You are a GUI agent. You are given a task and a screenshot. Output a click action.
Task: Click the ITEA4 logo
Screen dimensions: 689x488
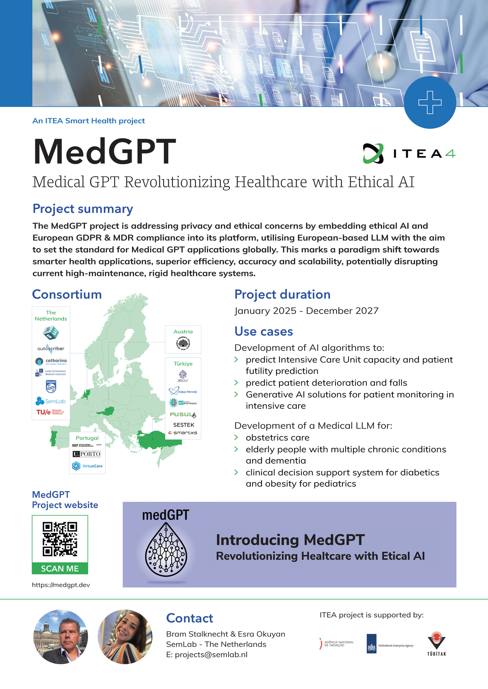click(409, 154)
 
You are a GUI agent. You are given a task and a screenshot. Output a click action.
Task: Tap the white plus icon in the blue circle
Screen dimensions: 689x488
click(430, 102)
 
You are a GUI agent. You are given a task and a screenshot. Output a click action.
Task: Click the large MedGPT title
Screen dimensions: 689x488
click(105, 152)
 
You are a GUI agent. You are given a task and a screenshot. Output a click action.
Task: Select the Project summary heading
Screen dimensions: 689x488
click(83, 209)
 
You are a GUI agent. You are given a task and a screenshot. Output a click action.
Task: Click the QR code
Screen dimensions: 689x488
click(60, 539)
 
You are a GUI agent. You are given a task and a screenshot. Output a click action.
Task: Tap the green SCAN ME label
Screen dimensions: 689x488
click(60, 568)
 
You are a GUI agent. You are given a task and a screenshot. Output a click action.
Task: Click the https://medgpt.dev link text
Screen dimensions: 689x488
click(61, 585)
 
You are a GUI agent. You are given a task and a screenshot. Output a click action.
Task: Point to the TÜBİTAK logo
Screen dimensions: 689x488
click(436, 644)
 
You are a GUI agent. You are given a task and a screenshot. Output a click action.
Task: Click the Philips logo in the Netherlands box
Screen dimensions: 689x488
click(51, 386)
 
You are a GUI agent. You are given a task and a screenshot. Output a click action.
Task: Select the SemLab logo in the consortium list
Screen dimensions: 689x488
click(50, 401)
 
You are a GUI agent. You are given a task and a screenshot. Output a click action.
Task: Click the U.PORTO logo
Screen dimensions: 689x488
click(87, 454)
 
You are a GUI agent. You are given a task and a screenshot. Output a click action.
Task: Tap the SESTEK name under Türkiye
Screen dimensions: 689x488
click(183, 425)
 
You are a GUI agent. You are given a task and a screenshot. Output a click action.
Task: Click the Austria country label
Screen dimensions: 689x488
click(183, 332)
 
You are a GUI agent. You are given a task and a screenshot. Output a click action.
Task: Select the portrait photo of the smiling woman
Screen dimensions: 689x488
click(125, 637)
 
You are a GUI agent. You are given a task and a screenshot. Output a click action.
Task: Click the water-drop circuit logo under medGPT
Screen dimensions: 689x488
click(166, 549)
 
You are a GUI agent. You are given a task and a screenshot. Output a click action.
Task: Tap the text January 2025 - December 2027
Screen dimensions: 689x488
click(306, 311)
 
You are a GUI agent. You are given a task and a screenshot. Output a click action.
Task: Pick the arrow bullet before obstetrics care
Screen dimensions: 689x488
click(236, 438)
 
